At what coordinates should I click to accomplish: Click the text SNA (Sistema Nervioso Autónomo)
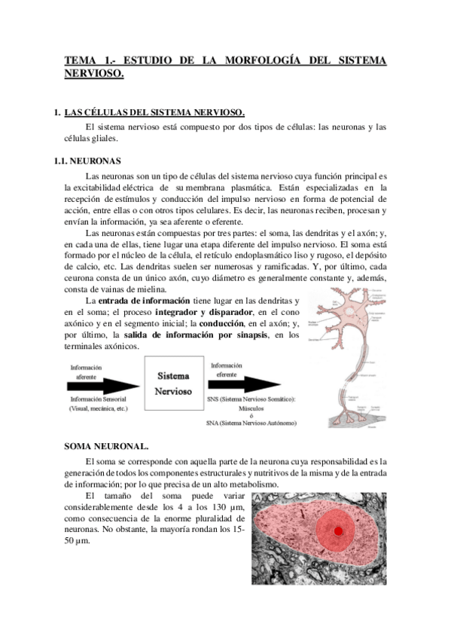251,423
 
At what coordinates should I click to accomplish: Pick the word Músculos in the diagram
251,407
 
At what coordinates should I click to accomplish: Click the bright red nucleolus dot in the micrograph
339,531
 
